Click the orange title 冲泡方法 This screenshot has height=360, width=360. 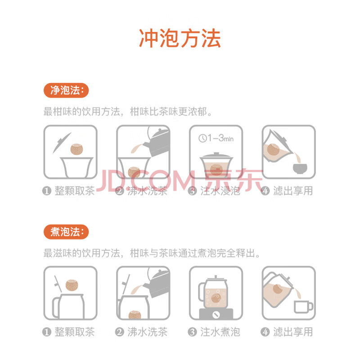180,38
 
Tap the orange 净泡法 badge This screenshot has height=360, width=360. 66,90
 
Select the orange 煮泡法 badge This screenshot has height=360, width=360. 66,232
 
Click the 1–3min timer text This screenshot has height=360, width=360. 220,138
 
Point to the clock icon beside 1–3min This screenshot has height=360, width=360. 202,138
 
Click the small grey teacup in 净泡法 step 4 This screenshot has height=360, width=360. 300,168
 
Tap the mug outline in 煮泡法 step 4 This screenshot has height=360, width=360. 303,306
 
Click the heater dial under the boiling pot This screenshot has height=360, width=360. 216,315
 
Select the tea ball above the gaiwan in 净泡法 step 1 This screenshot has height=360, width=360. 76,149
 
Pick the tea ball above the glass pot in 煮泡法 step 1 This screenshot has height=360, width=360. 72,285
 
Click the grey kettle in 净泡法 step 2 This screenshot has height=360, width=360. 157,142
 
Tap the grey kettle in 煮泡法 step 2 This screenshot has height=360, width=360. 157,283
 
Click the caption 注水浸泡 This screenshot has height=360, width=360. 220,191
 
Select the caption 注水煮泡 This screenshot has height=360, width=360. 220,332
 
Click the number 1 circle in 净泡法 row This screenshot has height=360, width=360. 47,191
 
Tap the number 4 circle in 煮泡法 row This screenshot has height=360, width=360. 265,332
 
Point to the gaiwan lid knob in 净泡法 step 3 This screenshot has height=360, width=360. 216,153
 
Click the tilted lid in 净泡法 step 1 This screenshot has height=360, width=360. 62,143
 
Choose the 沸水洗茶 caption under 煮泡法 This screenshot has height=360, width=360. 147,332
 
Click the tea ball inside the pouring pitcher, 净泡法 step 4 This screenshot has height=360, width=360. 273,149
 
